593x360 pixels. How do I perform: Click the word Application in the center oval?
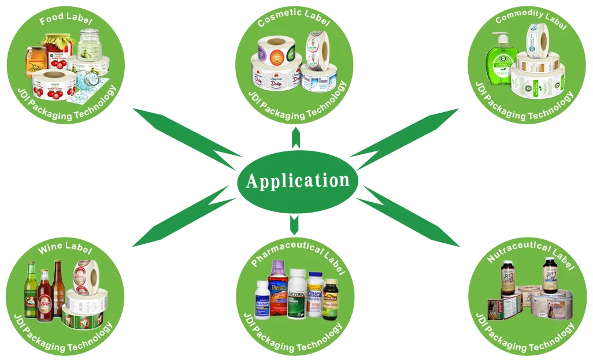pos(298,181)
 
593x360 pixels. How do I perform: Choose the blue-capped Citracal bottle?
pos(314,294)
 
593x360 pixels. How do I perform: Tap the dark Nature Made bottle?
pos(330,299)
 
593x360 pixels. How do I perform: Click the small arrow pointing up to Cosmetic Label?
pos(296,138)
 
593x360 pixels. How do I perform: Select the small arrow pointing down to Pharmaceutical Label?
pos(294,223)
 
